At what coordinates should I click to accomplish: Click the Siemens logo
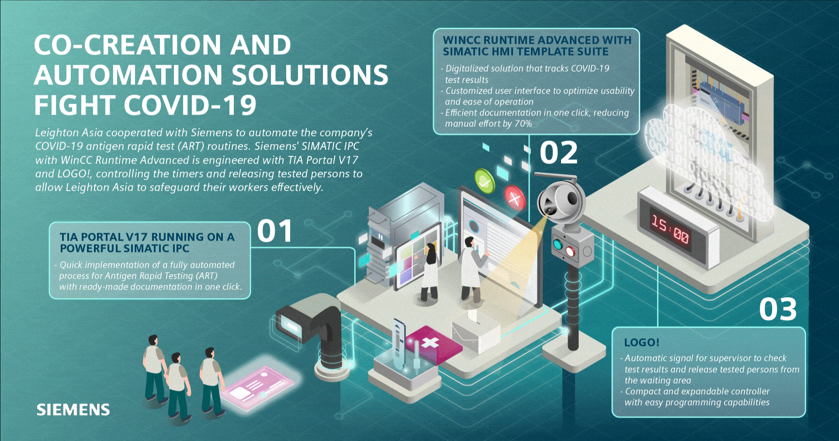coord(73,409)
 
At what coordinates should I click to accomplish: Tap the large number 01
coord(274,231)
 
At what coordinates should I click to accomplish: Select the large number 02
coord(558,153)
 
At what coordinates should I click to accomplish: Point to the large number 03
coord(778,309)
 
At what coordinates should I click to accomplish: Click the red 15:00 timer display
coord(670,230)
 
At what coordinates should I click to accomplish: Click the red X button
coord(515,199)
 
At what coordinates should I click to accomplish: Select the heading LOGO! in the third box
coord(641,342)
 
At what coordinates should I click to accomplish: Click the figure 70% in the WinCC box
coord(523,124)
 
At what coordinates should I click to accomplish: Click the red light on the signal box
coord(570,251)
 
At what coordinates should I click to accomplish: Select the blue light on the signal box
coord(557,244)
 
